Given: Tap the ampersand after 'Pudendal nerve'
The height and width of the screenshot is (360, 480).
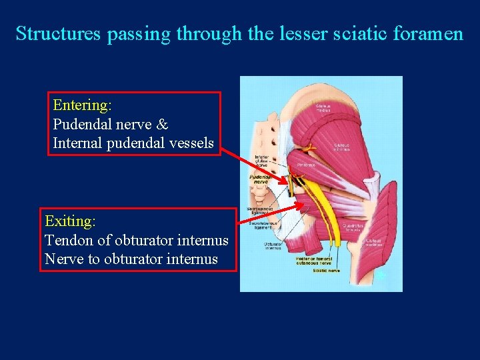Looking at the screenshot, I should pos(163,125).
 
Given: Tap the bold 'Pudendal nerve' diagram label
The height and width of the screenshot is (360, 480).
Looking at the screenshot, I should pos(260,179).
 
